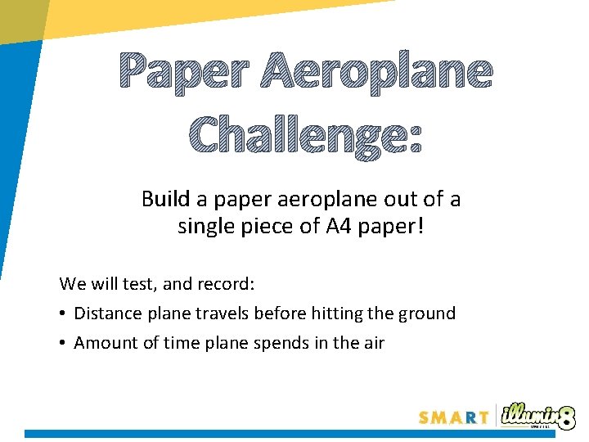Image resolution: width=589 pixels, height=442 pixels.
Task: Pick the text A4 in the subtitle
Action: click(x=339, y=227)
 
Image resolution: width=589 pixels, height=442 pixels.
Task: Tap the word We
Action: click(x=72, y=284)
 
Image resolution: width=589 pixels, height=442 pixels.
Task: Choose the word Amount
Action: click(x=103, y=343)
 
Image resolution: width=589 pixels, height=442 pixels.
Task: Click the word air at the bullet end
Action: click(x=372, y=343)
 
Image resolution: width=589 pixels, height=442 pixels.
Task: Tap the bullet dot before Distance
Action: click(x=63, y=313)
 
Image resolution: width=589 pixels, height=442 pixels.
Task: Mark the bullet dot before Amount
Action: click(x=63, y=343)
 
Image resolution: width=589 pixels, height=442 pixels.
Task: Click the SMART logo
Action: click(x=454, y=417)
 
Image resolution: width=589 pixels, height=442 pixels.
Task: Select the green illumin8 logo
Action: click(x=537, y=415)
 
